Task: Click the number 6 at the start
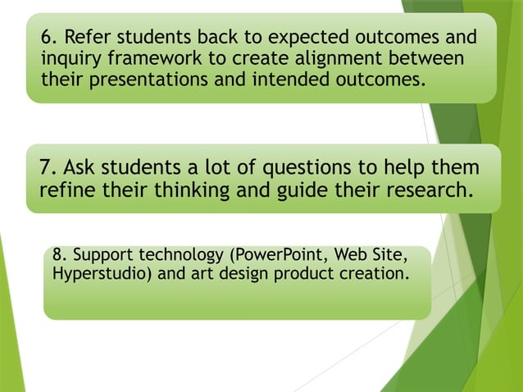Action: (47, 38)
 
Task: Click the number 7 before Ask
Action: (46, 168)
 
